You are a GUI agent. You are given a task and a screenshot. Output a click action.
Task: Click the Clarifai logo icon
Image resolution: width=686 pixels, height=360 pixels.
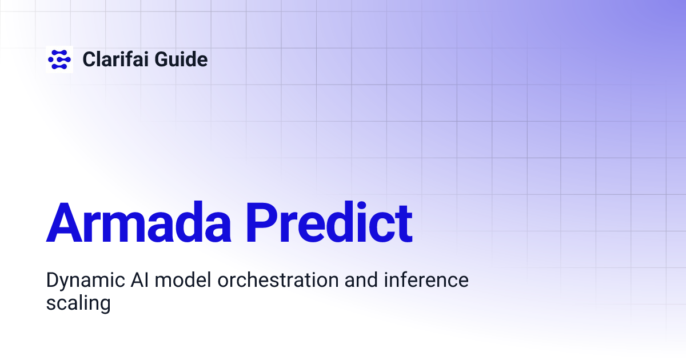(x=59, y=59)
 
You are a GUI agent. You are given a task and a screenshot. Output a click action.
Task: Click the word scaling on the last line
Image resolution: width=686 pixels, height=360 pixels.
(x=78, y=303)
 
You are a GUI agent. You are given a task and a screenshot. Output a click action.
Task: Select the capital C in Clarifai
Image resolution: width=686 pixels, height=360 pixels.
(x=89, y=59)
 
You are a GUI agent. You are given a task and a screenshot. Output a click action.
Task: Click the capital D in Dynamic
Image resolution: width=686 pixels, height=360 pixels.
(x=52, y=281)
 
